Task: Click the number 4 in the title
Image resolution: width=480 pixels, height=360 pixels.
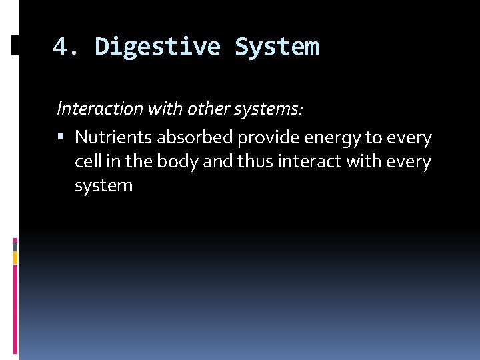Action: [x=60, y=47]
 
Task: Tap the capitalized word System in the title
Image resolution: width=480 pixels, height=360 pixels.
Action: [x=277, y=47]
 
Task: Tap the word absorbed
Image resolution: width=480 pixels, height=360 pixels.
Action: [x=195, y=138]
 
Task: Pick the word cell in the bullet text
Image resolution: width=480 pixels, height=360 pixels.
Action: [x=87, y=162]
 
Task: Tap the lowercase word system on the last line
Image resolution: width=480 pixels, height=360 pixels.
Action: [x=103, y=186]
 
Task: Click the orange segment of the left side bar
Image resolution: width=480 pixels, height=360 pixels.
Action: [x=15, y=257]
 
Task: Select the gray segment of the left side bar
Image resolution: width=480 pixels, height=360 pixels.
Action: [x=15, y=247]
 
